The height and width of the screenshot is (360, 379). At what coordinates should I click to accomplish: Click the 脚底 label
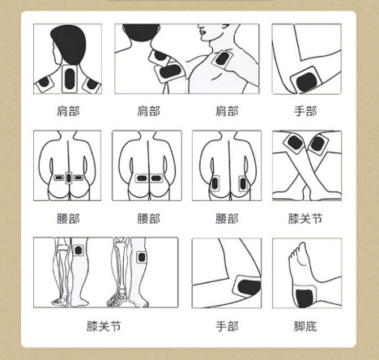click(305, 326)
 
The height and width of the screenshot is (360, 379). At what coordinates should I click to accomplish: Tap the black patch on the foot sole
click(304, 298)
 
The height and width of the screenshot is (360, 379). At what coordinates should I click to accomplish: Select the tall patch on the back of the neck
click(70, 79)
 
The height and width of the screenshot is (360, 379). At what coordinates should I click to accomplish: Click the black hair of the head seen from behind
click(69, 44)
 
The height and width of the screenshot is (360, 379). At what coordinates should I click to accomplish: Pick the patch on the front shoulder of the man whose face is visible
click(223, 59)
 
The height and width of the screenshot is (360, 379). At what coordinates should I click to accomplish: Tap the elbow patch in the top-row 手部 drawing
click(306, 79)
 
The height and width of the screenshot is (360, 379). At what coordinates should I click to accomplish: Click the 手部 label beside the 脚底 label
click(227, 326)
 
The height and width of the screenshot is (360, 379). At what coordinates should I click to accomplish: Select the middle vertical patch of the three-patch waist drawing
click(69, 178)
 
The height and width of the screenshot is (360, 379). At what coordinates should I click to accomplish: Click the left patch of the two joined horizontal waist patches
click(142, 178)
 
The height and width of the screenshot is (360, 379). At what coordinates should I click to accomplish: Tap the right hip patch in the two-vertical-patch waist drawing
click(243, 183)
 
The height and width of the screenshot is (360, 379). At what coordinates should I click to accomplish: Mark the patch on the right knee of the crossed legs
click(317, 144)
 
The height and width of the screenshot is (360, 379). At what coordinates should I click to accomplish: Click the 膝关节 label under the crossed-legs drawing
click(305, 219)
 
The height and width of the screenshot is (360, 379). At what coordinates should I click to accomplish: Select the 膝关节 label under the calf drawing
click(104, 326)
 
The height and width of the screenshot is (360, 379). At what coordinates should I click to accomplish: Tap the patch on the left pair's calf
click(79, 251)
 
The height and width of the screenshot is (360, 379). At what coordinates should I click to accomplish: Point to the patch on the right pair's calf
click(141, 257)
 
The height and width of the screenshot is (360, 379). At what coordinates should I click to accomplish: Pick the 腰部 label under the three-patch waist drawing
click(68, 219)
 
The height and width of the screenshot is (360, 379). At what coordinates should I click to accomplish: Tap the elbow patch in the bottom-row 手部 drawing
click(248, 287)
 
